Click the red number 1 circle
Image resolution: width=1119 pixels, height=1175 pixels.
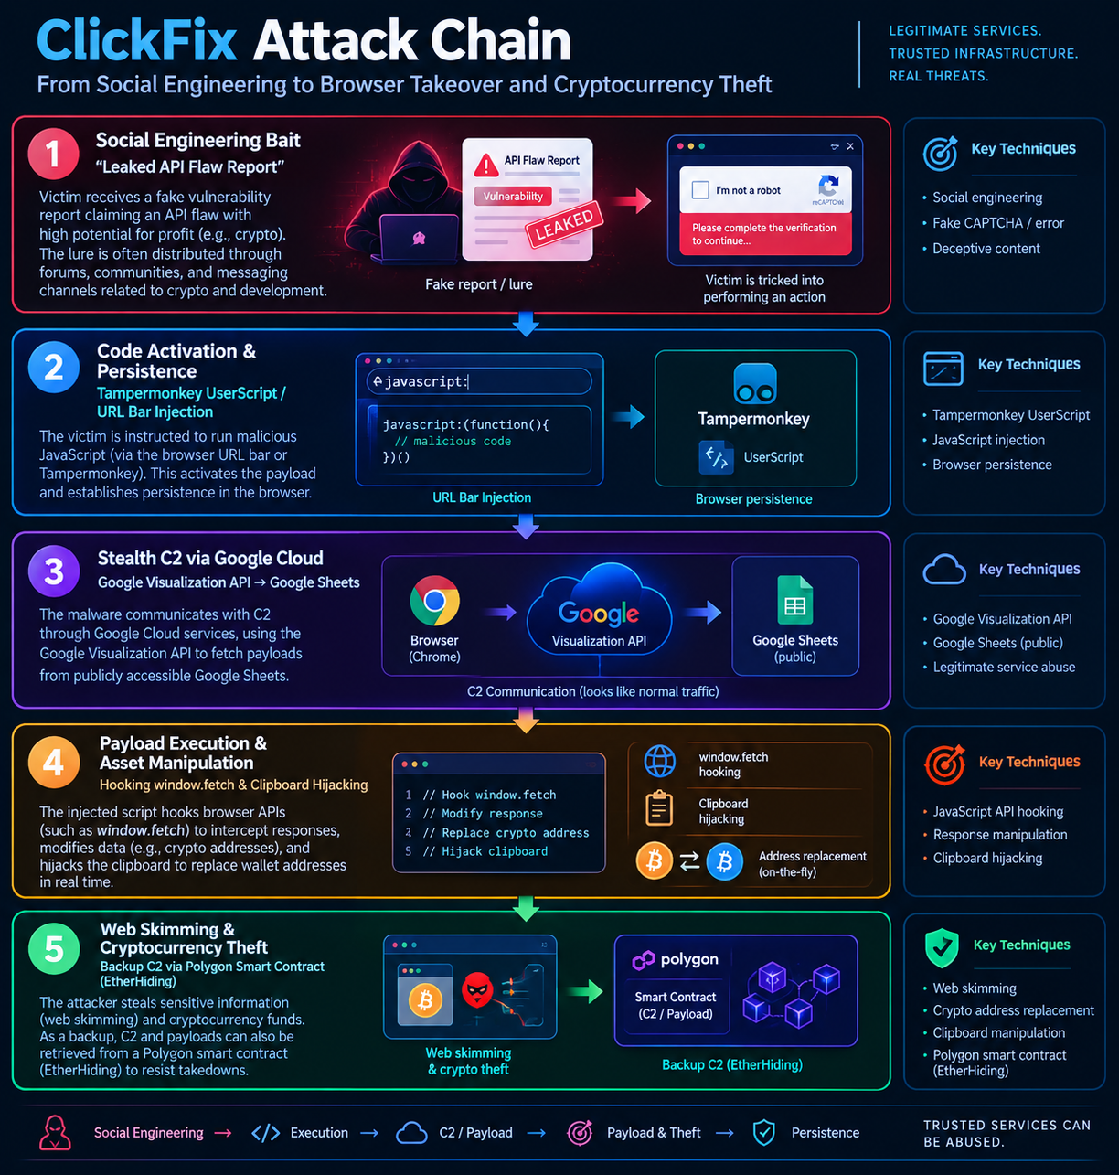pos(53,154)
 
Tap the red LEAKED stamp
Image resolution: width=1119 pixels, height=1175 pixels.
pos(564,225)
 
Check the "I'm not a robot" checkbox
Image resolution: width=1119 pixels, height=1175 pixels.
pos(700,190)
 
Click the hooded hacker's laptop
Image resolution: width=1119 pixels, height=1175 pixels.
pos(419,239)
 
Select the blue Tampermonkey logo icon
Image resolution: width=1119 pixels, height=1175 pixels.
pos(754,384)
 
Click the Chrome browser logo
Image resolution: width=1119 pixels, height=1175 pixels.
pos(434,601)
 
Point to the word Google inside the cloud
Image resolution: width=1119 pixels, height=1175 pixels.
pos(598,614)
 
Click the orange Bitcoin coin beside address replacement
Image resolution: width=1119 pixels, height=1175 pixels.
pos(654,861)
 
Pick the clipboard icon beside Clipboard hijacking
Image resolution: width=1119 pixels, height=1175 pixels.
pos(659,808)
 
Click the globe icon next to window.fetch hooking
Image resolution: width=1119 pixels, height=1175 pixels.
pos(660,762)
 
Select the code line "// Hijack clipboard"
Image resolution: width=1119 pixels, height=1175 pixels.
pos(485,851)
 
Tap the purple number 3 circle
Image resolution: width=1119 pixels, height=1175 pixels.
pos(54,571)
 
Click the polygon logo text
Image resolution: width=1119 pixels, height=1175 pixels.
pos(689,959)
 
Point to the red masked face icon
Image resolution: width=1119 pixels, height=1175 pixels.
pos(477,989)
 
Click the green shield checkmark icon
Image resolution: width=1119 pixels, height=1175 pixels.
pos(942,948)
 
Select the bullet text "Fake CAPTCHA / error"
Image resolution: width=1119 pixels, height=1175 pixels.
pos(998,223)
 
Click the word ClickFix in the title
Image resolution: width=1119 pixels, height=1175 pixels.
pos(137,40)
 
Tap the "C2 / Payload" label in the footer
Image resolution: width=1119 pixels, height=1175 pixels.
pos(475,1133)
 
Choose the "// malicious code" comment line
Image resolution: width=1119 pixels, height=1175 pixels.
pos(453,441)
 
